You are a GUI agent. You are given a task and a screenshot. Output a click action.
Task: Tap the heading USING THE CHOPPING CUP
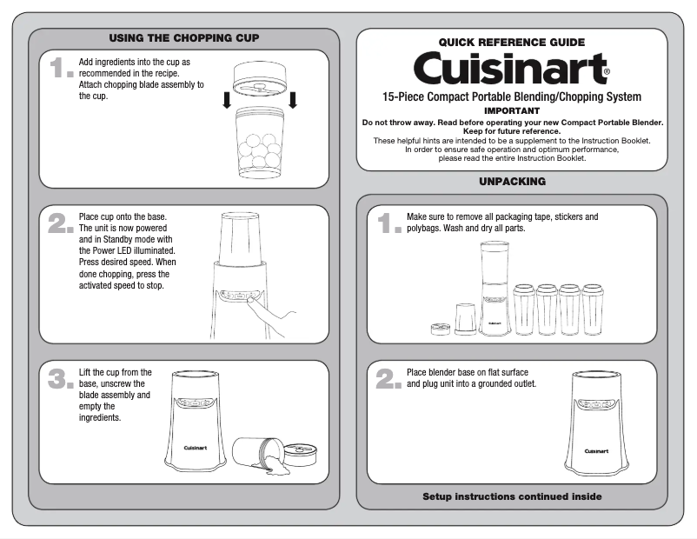point(183,38)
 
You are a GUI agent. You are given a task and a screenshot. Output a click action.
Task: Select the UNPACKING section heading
point(512,182)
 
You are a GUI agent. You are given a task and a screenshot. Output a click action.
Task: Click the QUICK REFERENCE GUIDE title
point(511,42)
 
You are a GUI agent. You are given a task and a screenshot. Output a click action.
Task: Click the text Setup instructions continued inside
point(512,496)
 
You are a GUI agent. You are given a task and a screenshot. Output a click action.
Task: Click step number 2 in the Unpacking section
point(388,379)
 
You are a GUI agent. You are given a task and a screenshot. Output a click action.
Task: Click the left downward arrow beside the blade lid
point(227,99)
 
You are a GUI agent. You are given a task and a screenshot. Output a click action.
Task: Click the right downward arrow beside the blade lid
point(293,99)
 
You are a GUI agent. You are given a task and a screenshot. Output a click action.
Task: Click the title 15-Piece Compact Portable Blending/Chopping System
point(511,96)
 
